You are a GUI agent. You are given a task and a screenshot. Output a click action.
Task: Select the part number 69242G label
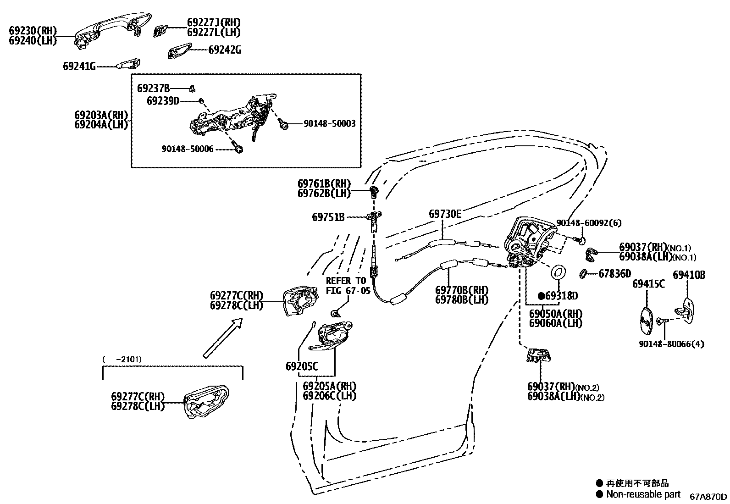[224, 50]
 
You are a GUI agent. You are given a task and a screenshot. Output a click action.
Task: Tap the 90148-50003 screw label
[329, 124]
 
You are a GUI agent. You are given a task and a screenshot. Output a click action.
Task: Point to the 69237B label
[153, 88]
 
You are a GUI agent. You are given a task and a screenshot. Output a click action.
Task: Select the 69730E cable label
[445, 214]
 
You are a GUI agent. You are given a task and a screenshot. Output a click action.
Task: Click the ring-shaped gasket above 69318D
[559, 272]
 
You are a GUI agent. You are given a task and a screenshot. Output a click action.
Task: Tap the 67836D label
[614, 274]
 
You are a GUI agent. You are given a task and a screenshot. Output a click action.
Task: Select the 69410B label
[689, 275]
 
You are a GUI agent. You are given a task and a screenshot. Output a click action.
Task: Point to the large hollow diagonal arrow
[222, 338]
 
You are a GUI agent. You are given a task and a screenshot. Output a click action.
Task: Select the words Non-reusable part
[643, 494]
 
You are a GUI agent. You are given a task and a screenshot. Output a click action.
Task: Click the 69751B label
[328, 217]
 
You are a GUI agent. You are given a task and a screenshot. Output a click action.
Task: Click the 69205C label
[302, 366]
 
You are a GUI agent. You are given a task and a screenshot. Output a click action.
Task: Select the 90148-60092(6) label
[589, 223]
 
